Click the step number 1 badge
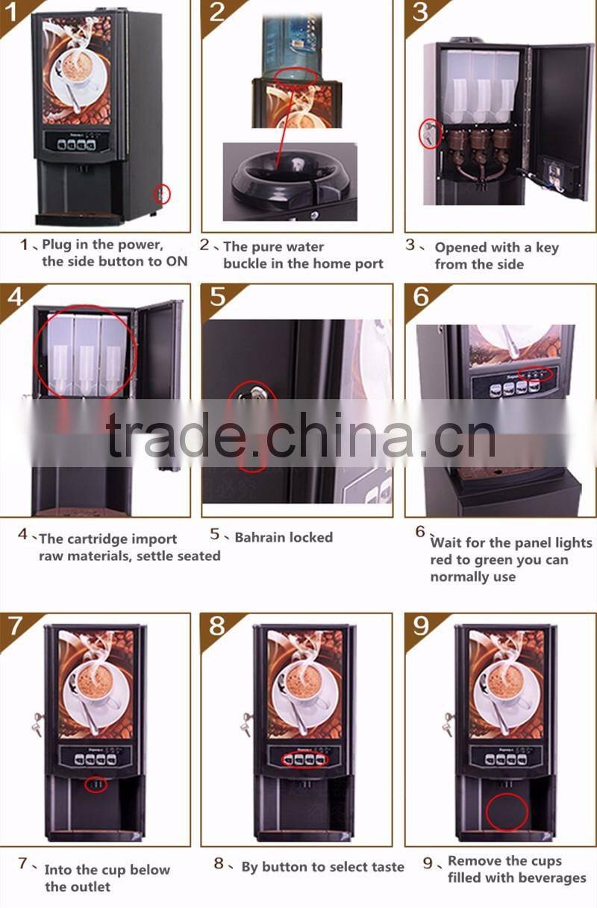pos(13,12)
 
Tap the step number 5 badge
pos(217,296)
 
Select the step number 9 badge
pos(421,625)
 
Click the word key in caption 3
pos(546,248)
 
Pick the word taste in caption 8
pos(385,866)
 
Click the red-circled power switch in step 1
pos(163,194)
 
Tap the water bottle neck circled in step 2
pos(296,76)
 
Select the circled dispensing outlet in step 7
pos(95,785)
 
